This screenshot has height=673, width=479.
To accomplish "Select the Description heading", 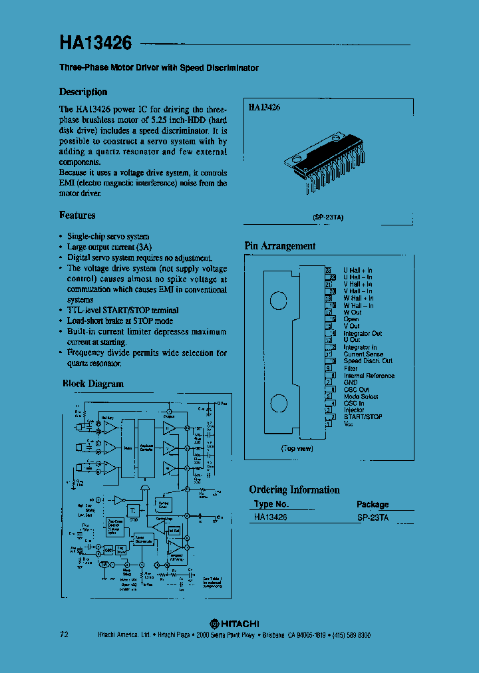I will [83, 92].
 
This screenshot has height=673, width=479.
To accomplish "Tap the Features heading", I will [77, 215].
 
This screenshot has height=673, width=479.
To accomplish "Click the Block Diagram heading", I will [93, 384].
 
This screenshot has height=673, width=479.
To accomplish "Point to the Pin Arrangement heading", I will [280, 246].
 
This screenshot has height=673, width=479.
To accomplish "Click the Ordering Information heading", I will [294, 490].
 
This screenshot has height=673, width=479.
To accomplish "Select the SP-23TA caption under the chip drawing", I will [329, 217].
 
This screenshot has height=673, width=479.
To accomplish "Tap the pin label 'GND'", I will [351, 382].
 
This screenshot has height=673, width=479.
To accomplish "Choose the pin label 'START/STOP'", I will [363, 417].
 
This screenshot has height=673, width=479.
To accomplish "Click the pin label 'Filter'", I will [351, 368].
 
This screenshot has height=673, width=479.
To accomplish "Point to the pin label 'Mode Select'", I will [361, 396].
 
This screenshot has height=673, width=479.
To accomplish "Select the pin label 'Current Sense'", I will [363, 354].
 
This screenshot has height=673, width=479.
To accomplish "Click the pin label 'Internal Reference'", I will [369, 376].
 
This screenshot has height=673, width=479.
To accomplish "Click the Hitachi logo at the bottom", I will [235, 623].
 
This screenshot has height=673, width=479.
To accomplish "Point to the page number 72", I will [64, 635].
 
